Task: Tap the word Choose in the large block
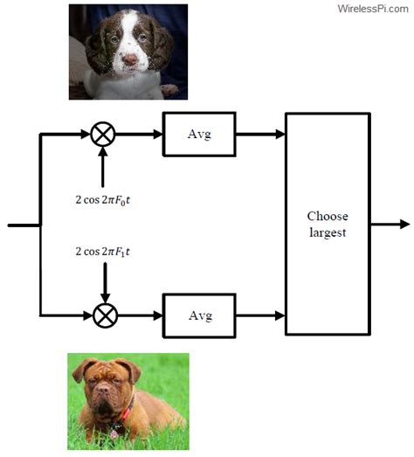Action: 328,216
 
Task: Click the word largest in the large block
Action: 328,233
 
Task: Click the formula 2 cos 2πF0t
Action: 103,200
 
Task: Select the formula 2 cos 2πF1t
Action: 103,252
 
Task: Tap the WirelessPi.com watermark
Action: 373,9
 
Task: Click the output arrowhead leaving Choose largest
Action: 405,224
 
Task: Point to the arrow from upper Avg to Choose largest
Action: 260,135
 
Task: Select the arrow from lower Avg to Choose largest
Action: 260,315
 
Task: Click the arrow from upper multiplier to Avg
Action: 139,135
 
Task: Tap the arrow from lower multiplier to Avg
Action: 140,315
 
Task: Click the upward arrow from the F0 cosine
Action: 102,167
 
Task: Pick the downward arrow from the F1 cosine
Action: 105,283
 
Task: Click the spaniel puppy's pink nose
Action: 130,59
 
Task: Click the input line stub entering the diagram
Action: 24,225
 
